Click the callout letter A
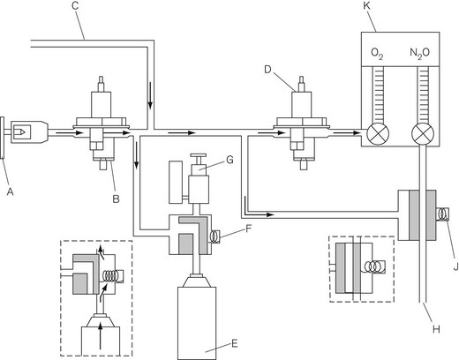11,191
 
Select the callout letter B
116,199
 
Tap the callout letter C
76,5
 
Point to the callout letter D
267,70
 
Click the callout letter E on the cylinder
235,343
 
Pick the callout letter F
249,229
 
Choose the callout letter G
229,160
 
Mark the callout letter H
436,329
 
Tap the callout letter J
455,266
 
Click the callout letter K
367,5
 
